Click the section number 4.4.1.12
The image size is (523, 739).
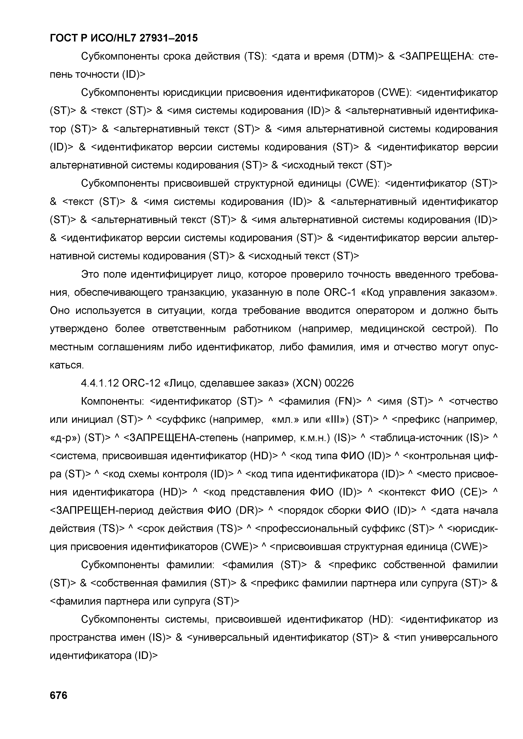(x=100, y=383)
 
